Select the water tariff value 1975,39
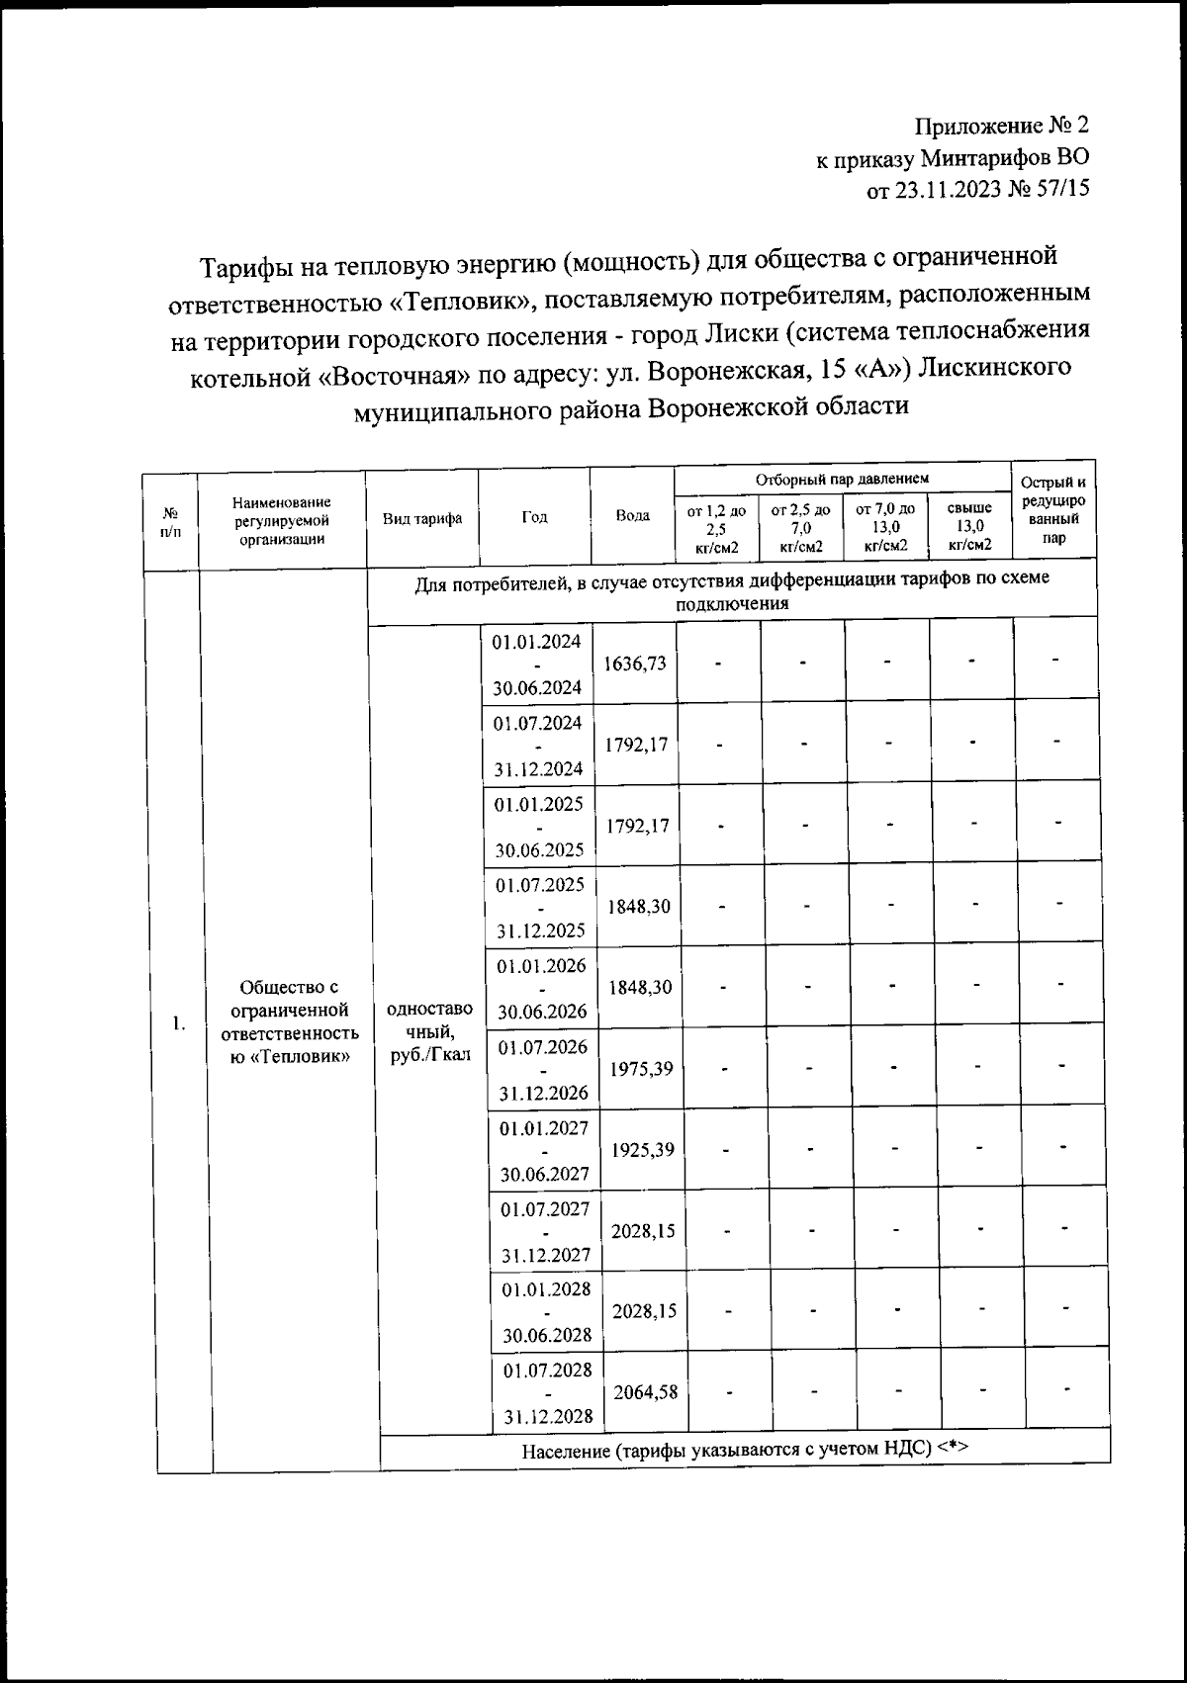(x=641, y=1069)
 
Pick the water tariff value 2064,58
(x=645, y=1392)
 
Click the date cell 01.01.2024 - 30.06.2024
(x=538, y=663)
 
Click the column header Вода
(x=633, y=516)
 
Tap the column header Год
(x=534, y=517)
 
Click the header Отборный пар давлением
(x=842, y=479)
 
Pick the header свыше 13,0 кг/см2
(x=969, y=526)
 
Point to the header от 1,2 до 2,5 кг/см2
(x=716, y=526)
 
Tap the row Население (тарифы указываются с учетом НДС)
(x=744, y=1449)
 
